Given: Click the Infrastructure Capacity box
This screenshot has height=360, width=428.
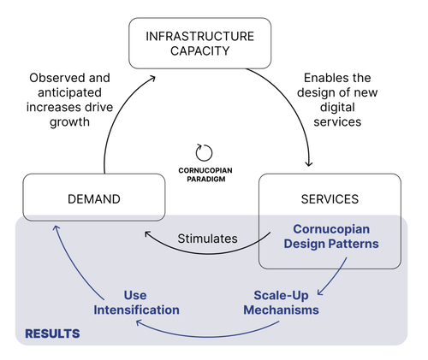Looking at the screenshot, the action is [199, 44].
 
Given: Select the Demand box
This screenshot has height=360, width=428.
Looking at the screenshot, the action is [94, 198].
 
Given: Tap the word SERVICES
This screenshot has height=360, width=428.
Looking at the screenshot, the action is [330, 199].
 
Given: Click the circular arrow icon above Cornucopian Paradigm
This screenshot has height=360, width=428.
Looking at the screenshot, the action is [204, 152].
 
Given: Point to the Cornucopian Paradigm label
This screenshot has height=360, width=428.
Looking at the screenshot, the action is [205, 174].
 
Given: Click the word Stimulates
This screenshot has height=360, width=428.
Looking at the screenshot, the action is [207, 239].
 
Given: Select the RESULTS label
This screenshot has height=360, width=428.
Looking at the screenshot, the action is [52, 333].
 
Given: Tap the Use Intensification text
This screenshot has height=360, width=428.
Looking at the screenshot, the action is [136, 303].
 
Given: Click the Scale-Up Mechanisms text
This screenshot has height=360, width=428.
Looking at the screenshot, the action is [281, 303].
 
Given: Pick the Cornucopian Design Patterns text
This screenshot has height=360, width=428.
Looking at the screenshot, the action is [331, 236].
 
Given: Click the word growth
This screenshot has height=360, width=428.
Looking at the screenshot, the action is [69, 122].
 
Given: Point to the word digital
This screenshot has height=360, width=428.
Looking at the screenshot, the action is [337, 108].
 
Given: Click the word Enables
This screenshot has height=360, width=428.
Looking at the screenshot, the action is [323, 78].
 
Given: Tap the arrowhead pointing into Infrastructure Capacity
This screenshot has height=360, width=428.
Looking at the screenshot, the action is [152, 78].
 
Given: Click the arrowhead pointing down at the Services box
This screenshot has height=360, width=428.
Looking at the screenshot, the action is [309, 164].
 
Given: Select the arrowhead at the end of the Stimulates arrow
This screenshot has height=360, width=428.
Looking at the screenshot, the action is [147, 234].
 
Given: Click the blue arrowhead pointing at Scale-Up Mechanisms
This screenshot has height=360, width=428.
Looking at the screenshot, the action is [320, 292].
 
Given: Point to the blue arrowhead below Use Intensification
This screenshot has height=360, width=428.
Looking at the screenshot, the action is [139, 322].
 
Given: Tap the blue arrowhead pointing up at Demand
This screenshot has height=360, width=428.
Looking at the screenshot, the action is [56, 227].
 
